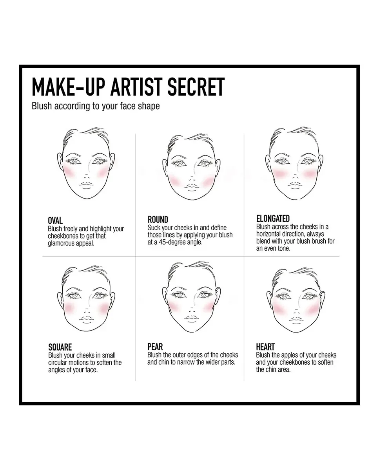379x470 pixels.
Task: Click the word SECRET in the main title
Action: [196, 87]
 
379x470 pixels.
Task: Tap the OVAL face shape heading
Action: [55, 221]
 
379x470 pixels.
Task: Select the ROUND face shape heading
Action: [158, 219]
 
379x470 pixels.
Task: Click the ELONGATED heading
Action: [273, 219]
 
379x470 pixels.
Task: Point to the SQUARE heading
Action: [60, 347]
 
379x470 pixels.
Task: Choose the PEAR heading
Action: [155, 347]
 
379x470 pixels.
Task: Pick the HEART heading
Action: [265, 347]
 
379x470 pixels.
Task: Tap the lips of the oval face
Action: [86, 184]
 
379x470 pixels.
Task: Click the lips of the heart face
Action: [296, 320]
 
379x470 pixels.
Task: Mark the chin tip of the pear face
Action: [192, 332]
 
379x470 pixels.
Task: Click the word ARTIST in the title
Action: [137, 87]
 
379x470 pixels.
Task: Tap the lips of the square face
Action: [87, 319]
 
